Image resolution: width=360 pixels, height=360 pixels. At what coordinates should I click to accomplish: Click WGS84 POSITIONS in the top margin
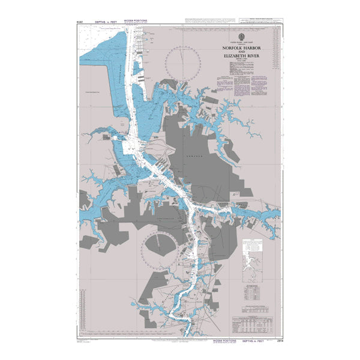(x=134, y=20)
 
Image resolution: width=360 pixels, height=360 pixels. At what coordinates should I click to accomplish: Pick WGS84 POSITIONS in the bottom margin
(x=225, y=340)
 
